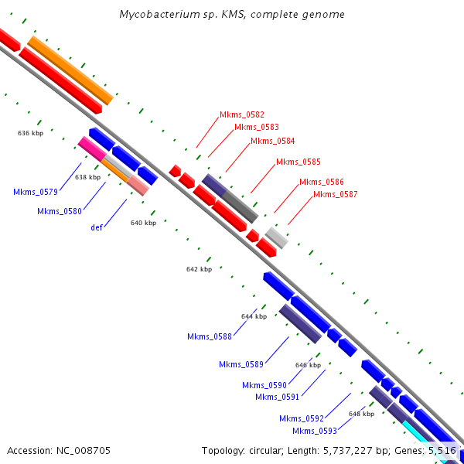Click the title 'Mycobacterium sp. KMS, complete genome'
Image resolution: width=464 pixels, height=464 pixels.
(232, 15)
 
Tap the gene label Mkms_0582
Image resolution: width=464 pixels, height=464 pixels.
(242, 114)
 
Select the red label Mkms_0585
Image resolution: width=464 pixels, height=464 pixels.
(298, 162)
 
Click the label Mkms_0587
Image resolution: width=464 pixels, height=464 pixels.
(335, 194)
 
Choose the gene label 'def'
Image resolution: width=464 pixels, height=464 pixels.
(97, 227)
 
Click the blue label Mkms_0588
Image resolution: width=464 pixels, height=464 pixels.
(210, 336)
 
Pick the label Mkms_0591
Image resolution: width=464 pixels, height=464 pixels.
(278, 397)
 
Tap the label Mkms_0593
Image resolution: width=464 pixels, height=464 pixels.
(315, 431)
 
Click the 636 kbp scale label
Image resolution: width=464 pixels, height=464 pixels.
(30, 133)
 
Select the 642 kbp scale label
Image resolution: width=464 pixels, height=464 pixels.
(199, 270)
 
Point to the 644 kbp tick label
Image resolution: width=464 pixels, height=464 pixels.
(254, 316)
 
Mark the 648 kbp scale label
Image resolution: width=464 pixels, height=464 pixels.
(361, 414)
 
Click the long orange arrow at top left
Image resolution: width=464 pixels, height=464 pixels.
(70, 70)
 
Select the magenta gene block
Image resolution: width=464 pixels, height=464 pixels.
(91, 148)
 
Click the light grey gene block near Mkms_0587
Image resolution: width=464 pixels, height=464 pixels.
(276, 237)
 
